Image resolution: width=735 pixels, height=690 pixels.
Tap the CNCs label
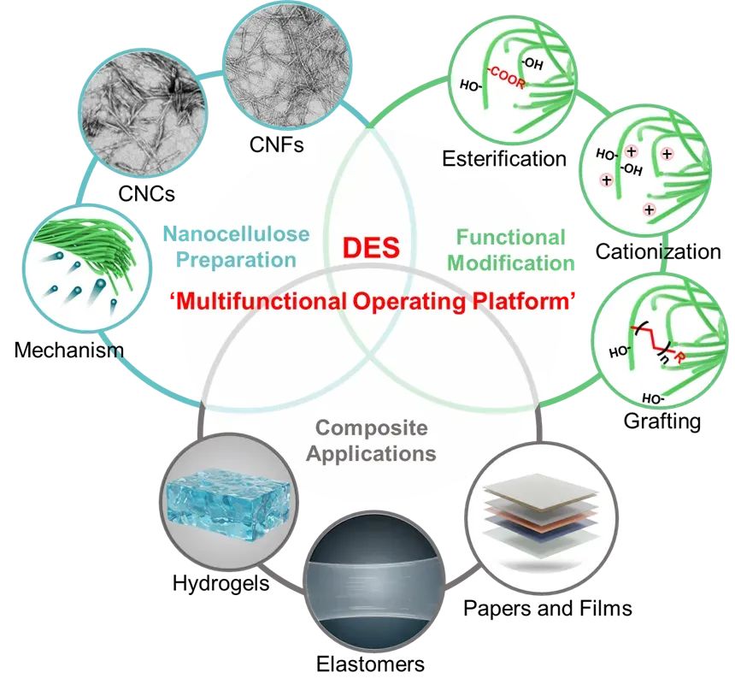(146, 193)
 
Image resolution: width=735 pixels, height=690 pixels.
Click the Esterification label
(504, 158)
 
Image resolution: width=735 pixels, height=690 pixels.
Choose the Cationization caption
(658, 251)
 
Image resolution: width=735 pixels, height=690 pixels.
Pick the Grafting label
(663, 421)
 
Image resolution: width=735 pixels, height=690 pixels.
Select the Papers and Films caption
(548, 608)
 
